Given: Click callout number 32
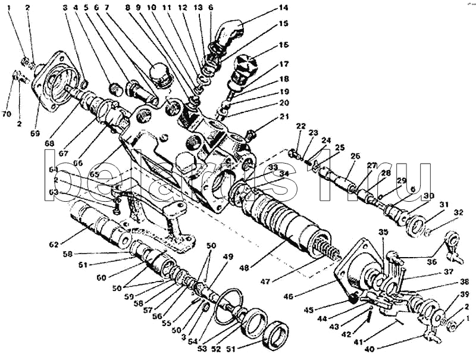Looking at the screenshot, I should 458,212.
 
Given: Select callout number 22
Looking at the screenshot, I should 300,126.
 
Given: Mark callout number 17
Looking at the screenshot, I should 284,64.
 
